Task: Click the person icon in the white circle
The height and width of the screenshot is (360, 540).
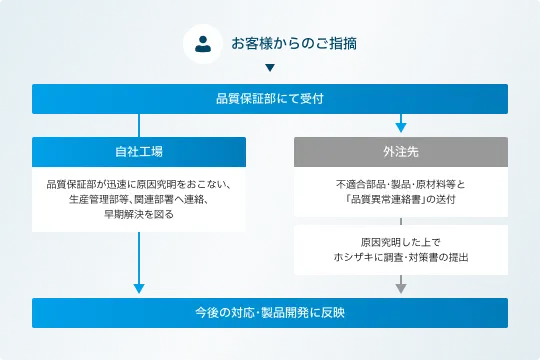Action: coord(204,44)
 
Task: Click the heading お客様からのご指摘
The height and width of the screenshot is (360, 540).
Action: coord(294,44)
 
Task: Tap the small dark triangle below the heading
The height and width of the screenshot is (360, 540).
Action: coord(270,70)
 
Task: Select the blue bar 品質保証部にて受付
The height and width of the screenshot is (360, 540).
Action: coord(270,99)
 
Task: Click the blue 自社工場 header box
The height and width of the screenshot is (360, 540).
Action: coord(139,151)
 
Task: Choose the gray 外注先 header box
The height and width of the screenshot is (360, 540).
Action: coord(401,151)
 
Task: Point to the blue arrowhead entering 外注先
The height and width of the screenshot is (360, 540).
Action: coord(401,127)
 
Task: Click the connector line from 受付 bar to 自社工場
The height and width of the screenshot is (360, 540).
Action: coord(139,125)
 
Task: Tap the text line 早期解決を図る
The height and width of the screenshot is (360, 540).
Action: coord(139,214)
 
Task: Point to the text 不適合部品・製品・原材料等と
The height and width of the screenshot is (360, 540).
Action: coord(401,185)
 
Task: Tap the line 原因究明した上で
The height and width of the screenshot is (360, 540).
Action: coord(401,242)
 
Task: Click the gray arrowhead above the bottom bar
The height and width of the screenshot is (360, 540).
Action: coord(401,288)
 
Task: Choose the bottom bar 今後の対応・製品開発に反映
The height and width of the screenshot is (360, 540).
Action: coord(270,313)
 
